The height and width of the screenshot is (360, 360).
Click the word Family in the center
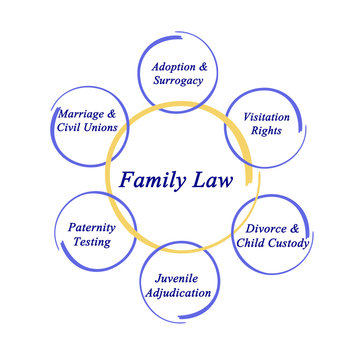(x=151, y=181)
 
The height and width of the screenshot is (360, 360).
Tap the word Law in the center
(x=214, y=181)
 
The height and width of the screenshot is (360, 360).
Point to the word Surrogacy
(x=180, y=81)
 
